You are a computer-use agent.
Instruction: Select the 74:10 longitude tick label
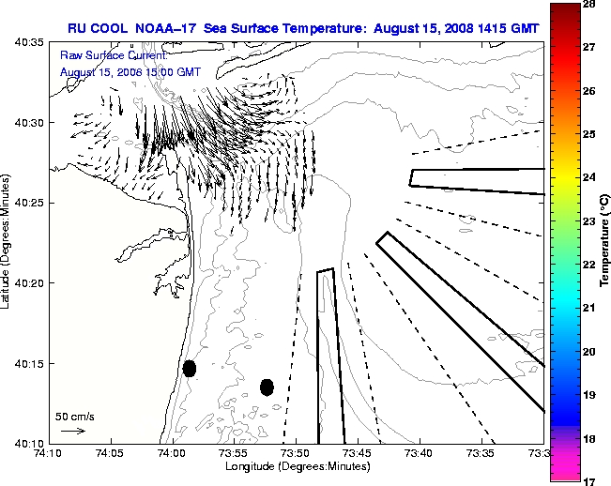(x=49, y=453)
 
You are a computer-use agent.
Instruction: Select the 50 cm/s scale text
(x=74, y=416)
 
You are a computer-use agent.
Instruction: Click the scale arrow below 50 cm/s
(x=72, y=431)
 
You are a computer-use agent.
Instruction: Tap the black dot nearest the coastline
(x=190, y=368)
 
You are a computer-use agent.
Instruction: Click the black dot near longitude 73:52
(x=267, y=387)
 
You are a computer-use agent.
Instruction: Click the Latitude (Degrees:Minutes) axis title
(x=8, y=243)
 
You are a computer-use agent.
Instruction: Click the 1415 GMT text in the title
(x=510, y=28)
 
